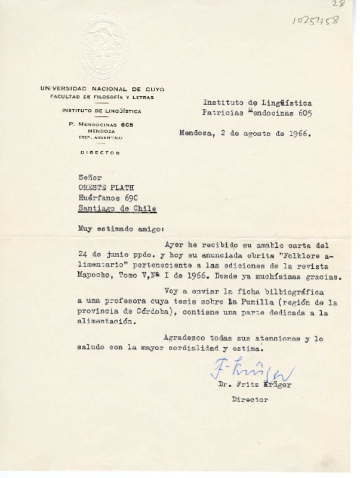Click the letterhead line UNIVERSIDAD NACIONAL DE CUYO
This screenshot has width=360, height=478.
[x=101, y=88]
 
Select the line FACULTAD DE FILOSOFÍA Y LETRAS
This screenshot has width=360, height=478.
[x=101, y=97]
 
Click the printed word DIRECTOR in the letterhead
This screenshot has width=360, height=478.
[x=100, y=153]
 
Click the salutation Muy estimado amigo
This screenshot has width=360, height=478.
[x=116, y=228]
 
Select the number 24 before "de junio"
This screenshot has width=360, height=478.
[x=84, y=256]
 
